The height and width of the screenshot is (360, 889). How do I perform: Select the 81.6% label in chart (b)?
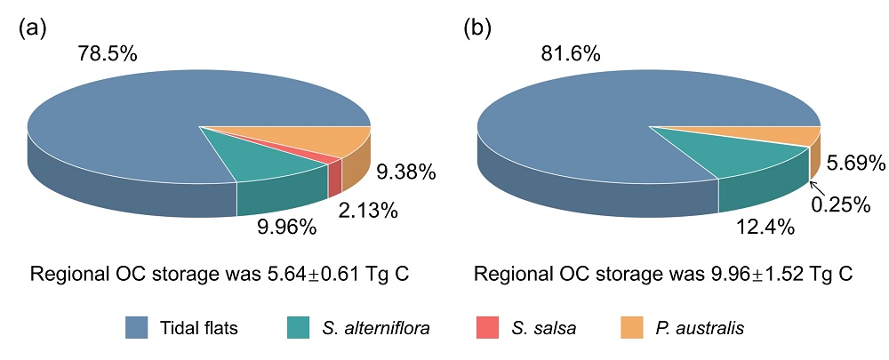[570, 54]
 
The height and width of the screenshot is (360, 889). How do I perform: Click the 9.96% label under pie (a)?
[286, 228]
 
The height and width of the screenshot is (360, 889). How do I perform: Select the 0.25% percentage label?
[839, 204]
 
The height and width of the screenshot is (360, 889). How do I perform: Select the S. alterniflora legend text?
[375, 328]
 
